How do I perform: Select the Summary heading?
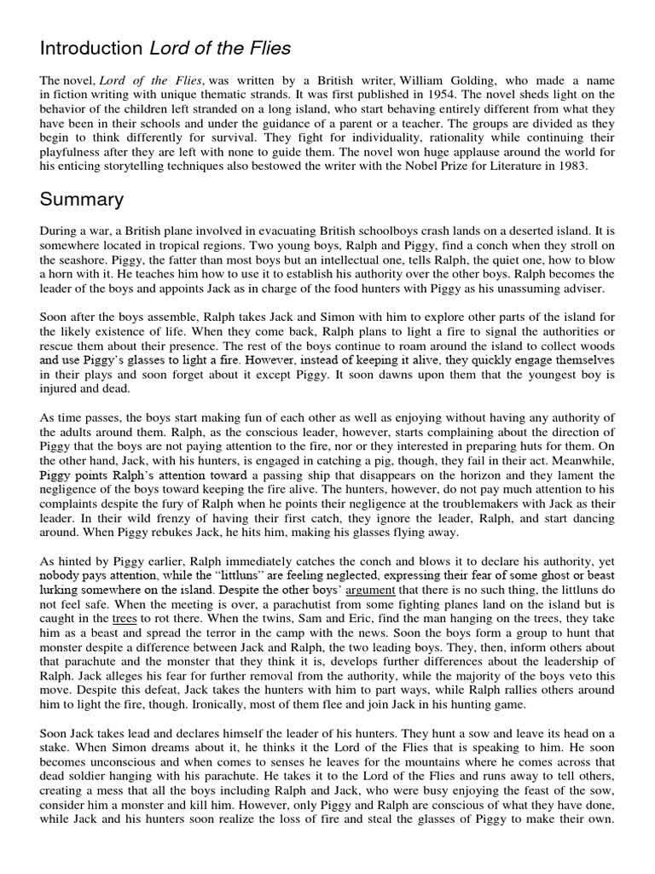pos(81,200)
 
